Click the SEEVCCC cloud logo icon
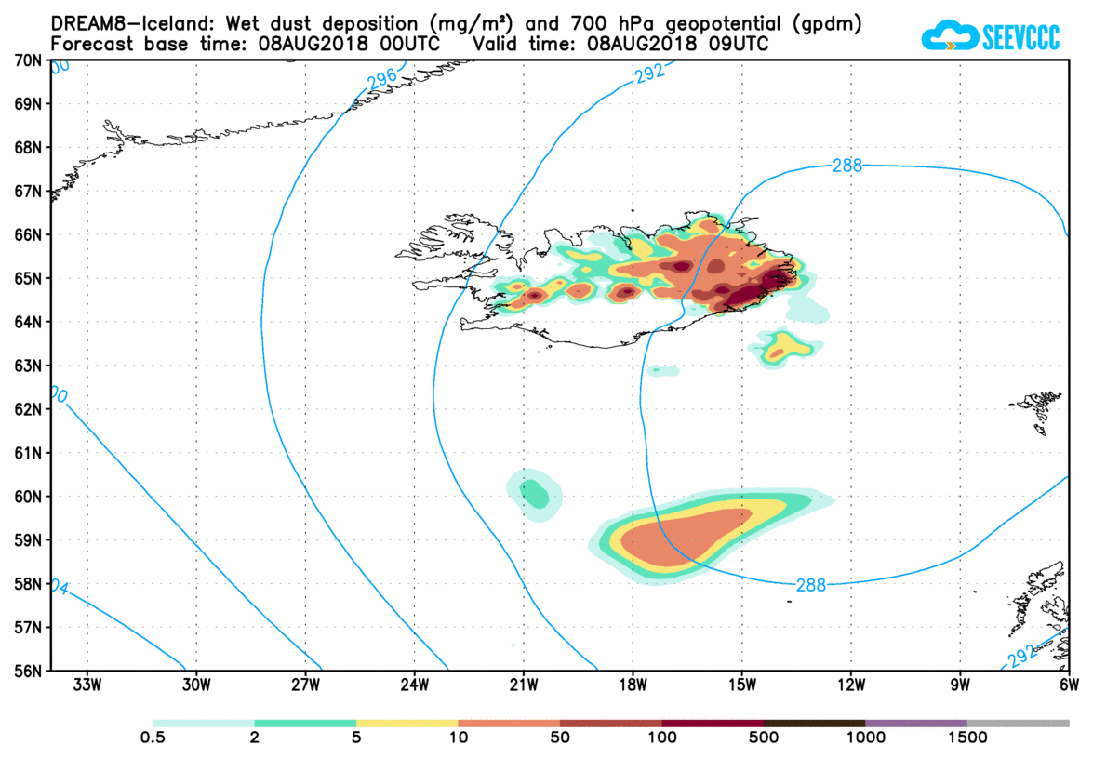(948, 36)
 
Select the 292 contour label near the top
(649, 75)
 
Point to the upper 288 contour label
(847, 166)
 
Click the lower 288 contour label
(811, 585)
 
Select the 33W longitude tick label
(87, 686)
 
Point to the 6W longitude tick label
(1068, 686)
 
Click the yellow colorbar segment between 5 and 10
(407, 723)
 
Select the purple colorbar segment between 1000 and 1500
(916, 723)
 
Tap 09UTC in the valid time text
(736, 44)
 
